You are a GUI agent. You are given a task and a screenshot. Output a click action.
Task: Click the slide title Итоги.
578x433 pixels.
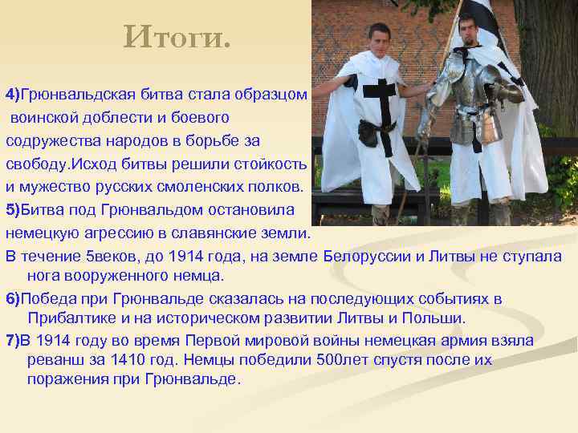pos(177,36)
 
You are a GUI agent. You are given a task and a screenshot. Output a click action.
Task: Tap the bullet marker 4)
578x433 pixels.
pos(13,95)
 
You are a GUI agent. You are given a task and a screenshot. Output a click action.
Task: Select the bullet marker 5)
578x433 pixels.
pos(13,211)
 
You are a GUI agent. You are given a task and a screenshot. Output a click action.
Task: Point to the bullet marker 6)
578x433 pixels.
pos(13,299)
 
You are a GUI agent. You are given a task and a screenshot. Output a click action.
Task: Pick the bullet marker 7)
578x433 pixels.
pos(13,341)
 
